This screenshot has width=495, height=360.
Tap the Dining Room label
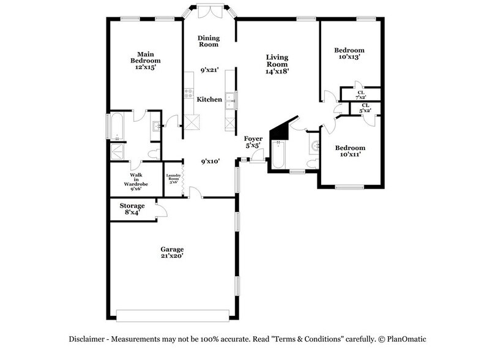[208, 41]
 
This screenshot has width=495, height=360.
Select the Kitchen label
[209, 99]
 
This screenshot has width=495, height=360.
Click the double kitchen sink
[231, 100]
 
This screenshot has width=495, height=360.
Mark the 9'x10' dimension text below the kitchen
[210, 162]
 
